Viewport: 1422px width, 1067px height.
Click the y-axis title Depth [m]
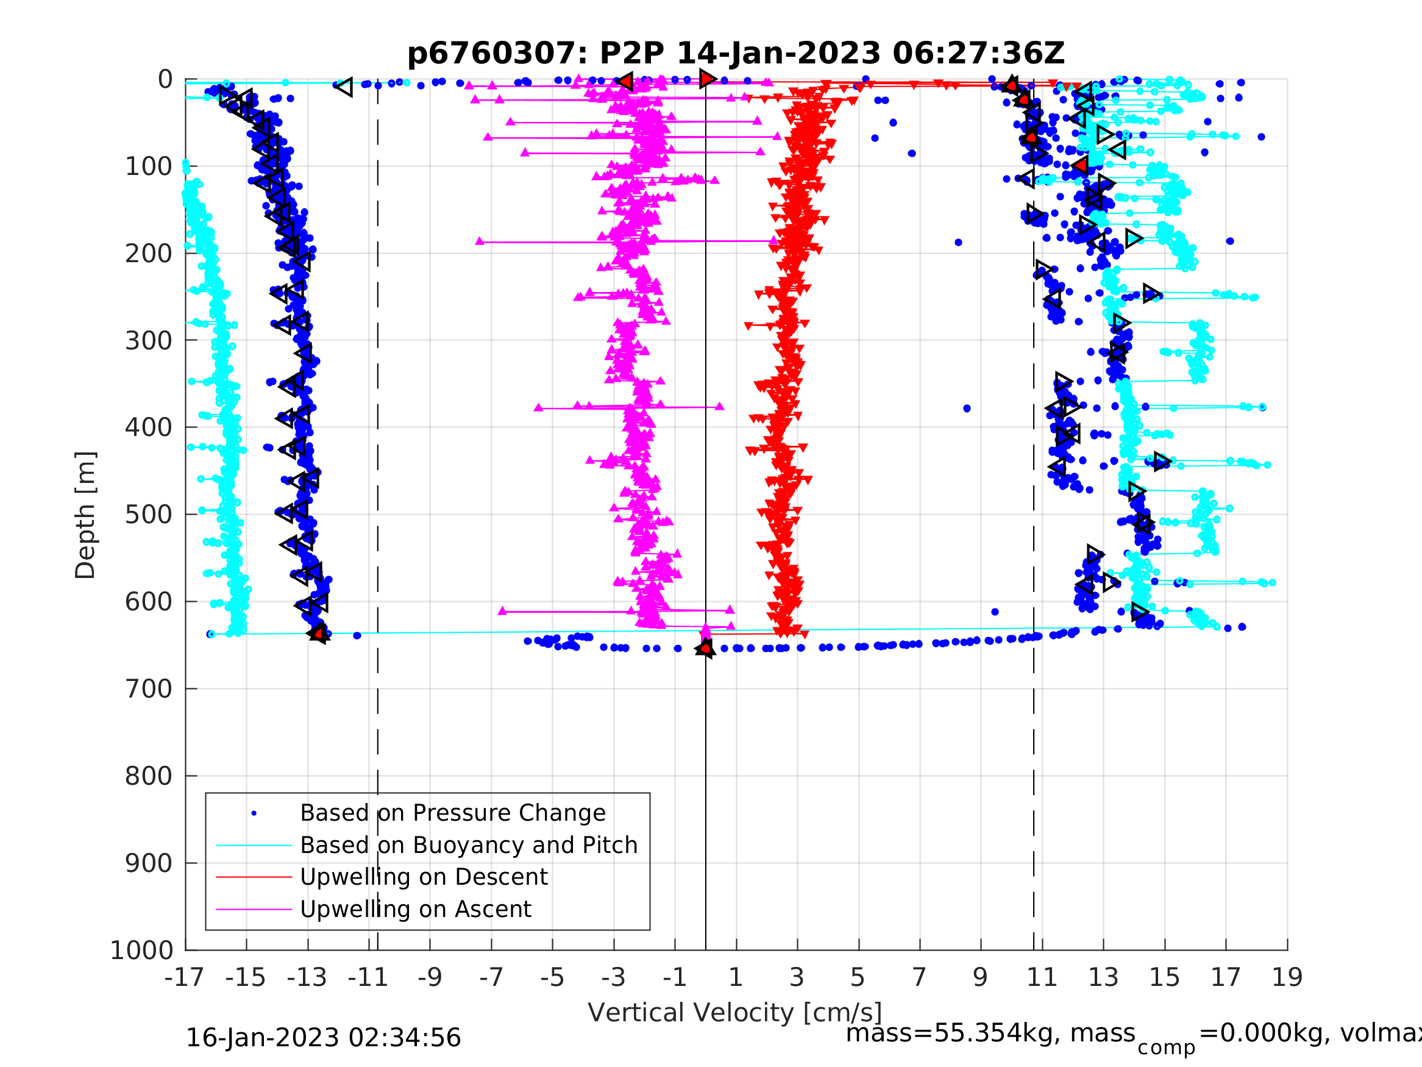click(85, 515)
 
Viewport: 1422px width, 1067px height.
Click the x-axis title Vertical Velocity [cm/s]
click(735, 1013)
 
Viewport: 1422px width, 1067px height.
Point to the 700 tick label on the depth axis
click(149, 690)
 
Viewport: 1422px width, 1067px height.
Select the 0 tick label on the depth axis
click(165, 80)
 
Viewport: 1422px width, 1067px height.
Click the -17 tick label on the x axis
click(185, 977)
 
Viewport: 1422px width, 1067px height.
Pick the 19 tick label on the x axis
click(1287, 977)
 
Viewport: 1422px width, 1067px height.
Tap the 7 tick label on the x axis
click(919, 977)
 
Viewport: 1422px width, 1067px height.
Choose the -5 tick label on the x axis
click(552, 977)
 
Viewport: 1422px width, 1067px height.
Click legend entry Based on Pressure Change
click(453, 813)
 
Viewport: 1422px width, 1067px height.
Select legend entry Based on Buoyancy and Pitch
click(469, 845)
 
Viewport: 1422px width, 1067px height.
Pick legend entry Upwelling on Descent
click(424, 877)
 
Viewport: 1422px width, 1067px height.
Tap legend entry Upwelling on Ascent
click(415, 910)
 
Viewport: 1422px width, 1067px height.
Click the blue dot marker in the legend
click(254, 813)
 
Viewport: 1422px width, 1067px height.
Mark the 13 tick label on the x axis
click(1103, 977)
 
